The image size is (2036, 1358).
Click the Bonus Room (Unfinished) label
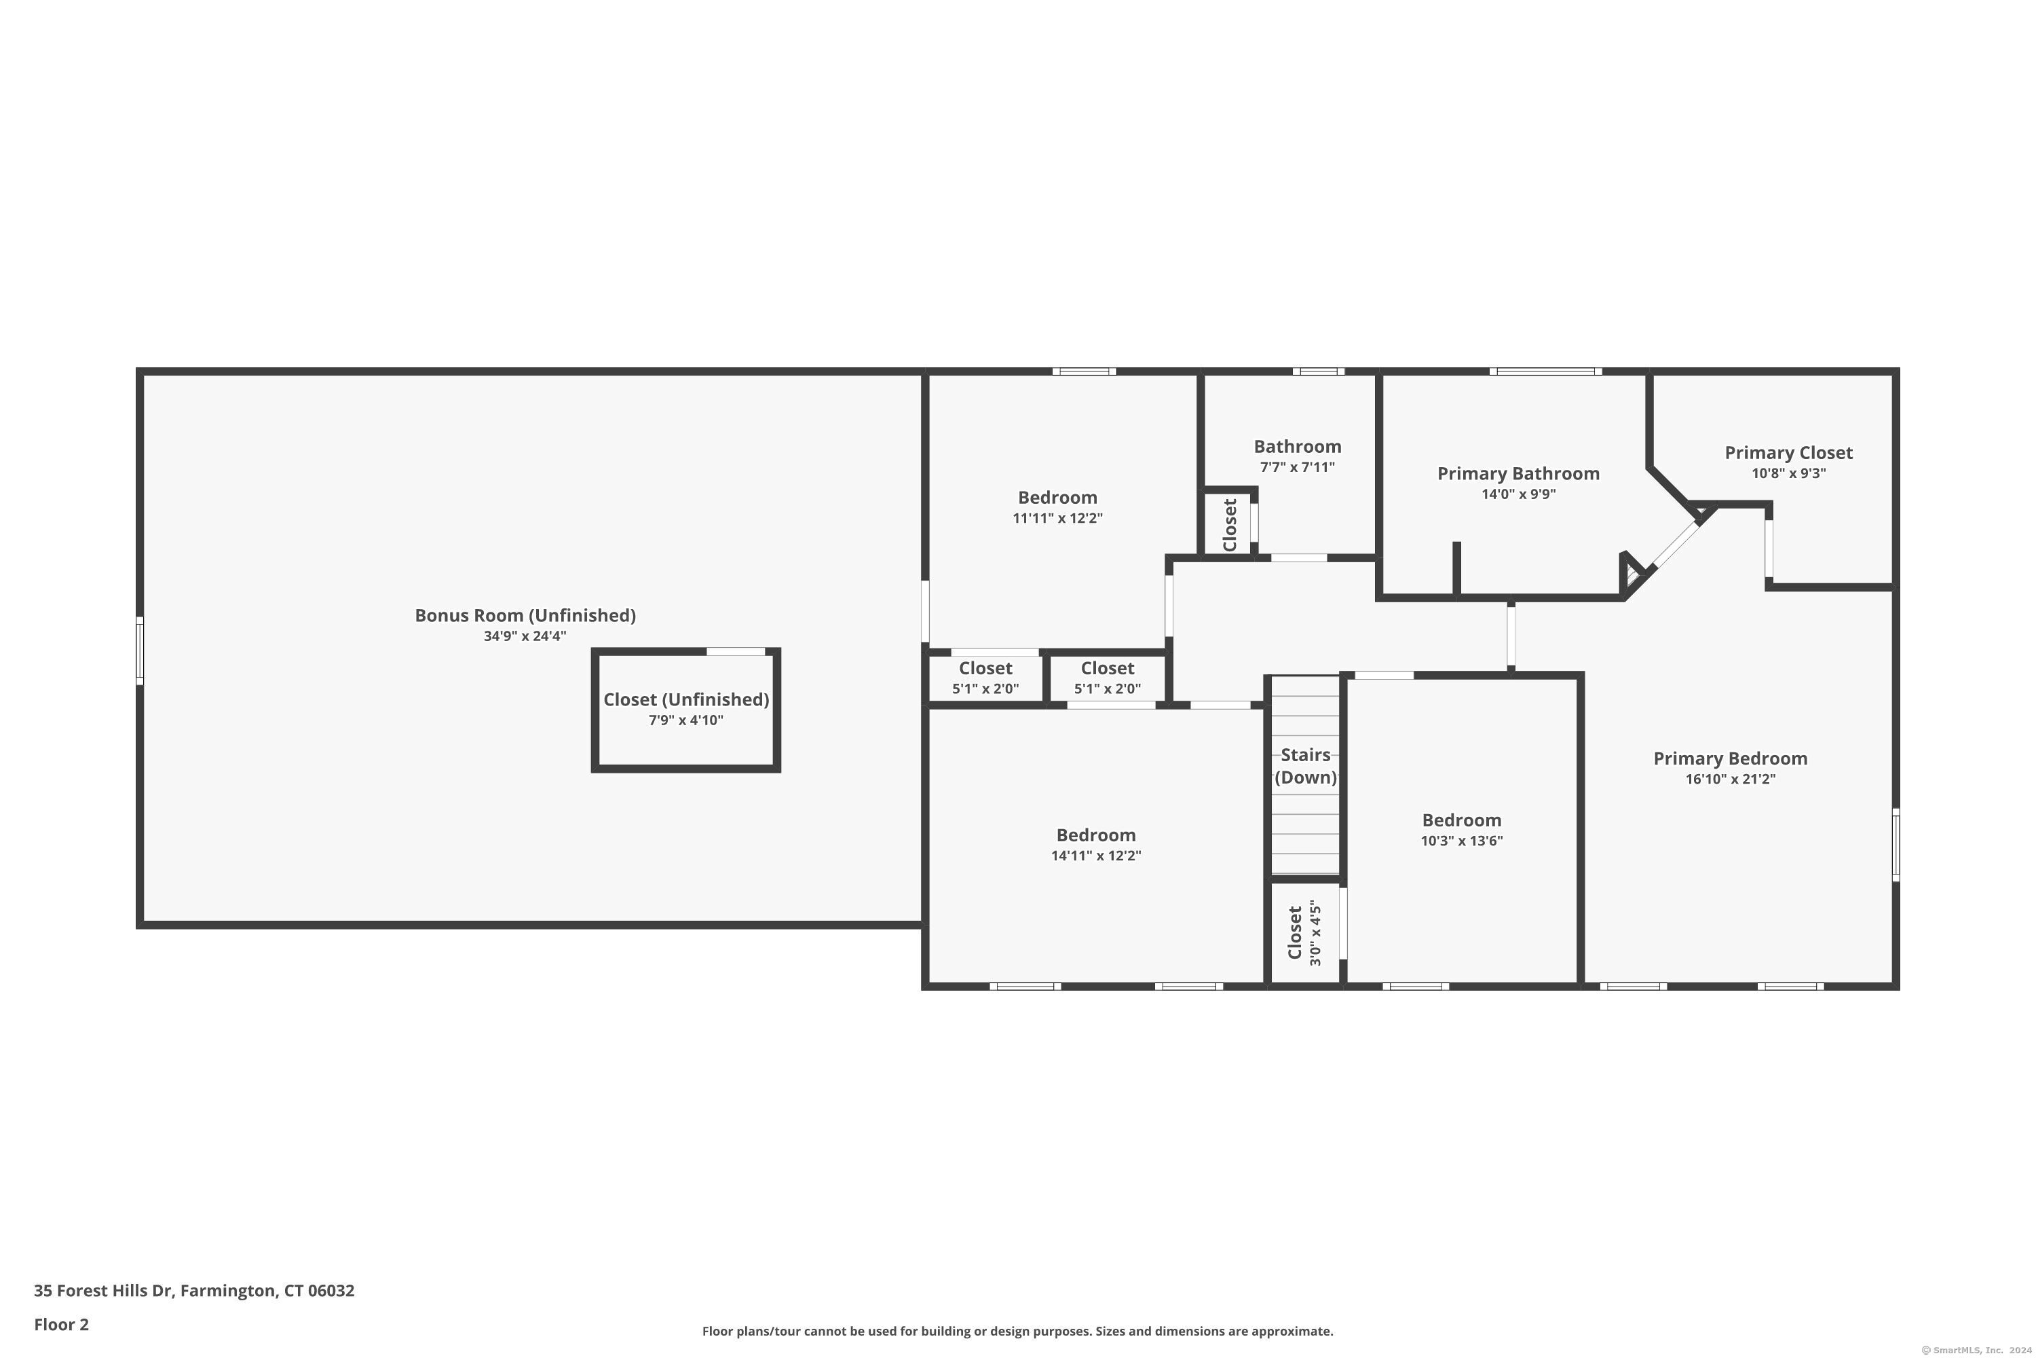[x=525, y=615]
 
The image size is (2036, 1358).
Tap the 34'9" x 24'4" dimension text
[x=525, y=636]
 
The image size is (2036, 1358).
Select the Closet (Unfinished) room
[x=685, y=710]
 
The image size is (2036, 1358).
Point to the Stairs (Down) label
[x=1305, y=766]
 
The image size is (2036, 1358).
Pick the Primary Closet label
[x=1788, y=453]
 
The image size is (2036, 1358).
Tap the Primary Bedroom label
[x=1731, y=758]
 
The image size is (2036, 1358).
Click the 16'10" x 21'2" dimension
[x=1731, y=779]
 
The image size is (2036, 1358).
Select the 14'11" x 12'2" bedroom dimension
[x=1096, y=856]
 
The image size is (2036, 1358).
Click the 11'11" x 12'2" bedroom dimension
[x=1058, y=518]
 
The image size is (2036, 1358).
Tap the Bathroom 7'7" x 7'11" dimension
[x=1298, y=467]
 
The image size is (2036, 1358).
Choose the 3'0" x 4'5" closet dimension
[x=1316, y=934]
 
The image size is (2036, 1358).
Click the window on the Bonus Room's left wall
[x=139, y=650]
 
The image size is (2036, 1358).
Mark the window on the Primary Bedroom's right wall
[x=1896, y=845]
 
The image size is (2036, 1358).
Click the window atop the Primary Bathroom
[x=1546, y=371]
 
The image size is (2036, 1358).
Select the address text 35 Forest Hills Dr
[x=104, y=1291]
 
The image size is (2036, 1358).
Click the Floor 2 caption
[x=62, y=1324]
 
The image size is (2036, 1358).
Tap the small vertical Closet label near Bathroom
[x=1229, y=526]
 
